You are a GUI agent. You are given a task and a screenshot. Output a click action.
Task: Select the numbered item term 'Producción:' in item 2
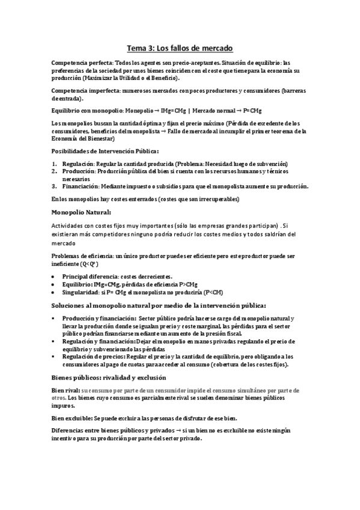(x=79, y=171)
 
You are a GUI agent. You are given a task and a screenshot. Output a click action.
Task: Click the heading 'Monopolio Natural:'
(x=81, y=212)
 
